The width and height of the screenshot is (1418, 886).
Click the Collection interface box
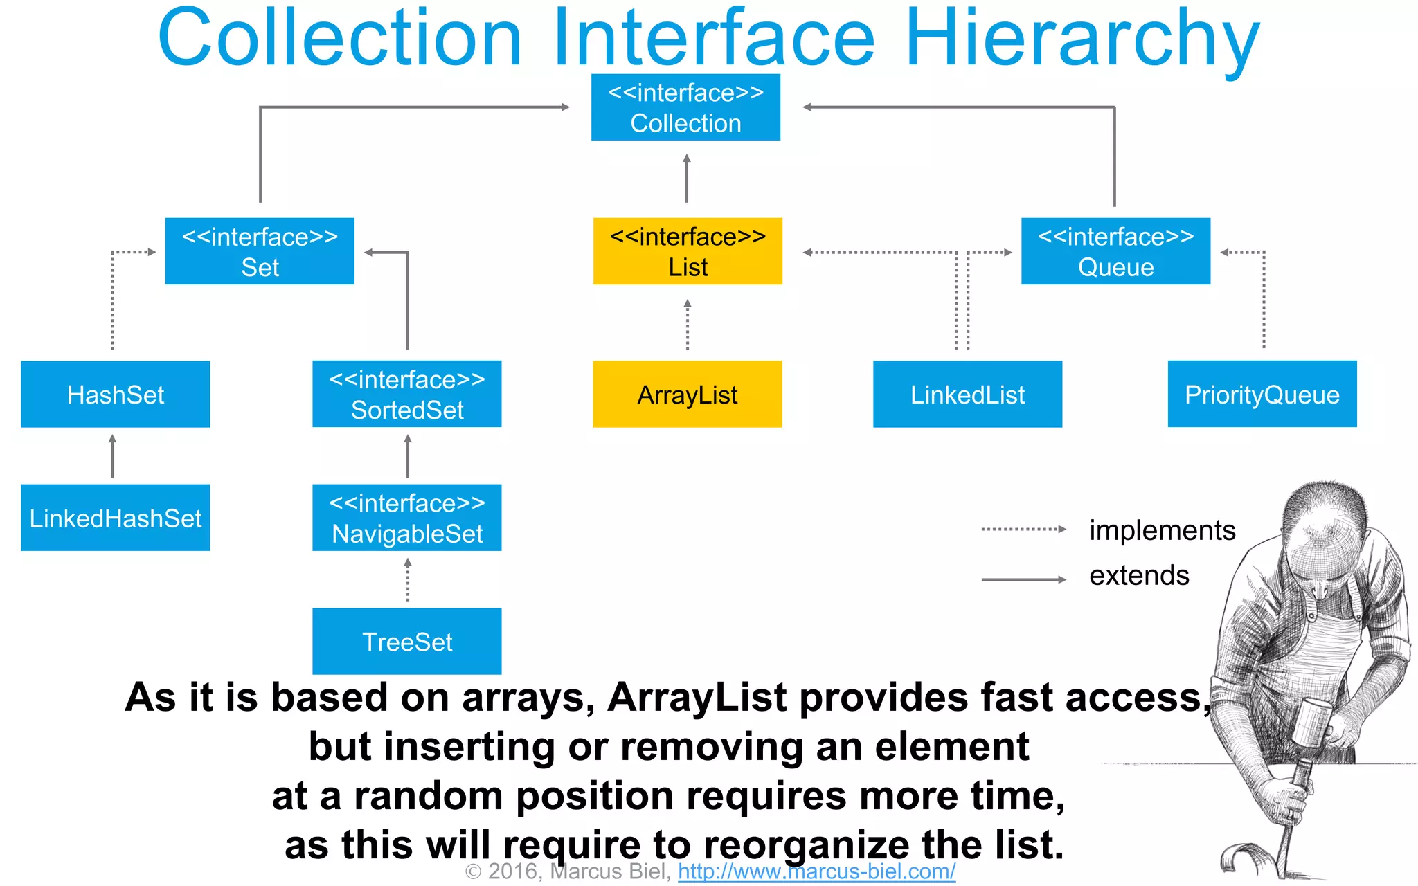(x=685, y=107)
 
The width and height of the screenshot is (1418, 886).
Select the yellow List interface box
(x=688, y=251)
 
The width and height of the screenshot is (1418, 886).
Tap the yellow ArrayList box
(x=688, y=394)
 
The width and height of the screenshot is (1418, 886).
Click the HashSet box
(x=115, y=394)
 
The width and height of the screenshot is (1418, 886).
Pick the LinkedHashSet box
(x=115, y=518)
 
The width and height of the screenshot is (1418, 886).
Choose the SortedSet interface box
(x=407, y=394)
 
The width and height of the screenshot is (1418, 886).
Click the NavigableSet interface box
(x=407, y=518)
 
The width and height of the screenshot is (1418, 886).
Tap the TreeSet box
(x=407, y=641)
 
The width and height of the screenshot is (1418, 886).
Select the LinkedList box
(x=967, y=394)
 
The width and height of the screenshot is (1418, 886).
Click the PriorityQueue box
(x=1262, y=394)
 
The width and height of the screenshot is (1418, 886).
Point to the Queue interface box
(x=1115, y=251)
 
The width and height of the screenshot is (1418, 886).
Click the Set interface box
(x=260, y=251)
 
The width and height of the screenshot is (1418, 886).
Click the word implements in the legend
(x=1162, y=530)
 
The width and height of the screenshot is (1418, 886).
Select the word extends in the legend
(x=1139, y=575)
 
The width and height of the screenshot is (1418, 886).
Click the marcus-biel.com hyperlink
(x=816, y=871)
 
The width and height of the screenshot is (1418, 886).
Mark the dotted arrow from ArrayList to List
(x=688, y=325)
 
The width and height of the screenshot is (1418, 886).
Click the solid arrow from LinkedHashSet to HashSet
(x=112, y=457)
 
